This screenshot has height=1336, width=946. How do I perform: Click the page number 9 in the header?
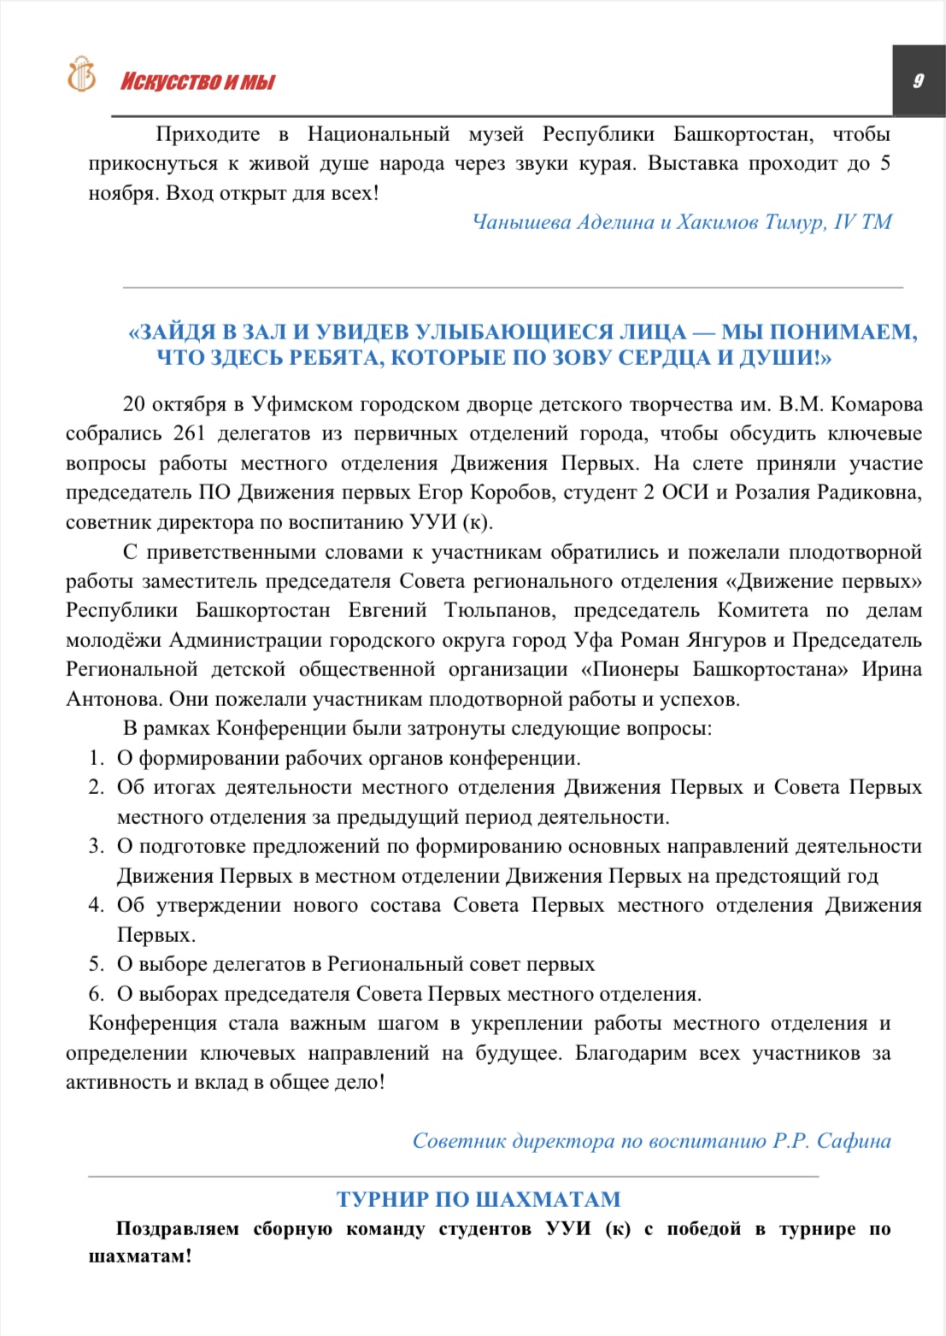[918, 80]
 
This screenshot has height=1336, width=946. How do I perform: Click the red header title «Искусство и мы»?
[197, 82]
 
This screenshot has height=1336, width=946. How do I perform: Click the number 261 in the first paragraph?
[189, 433]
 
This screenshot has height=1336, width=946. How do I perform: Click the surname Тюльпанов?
[499, 610]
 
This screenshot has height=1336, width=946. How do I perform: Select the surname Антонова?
[112, 699]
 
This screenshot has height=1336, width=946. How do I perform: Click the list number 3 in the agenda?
[96, 846]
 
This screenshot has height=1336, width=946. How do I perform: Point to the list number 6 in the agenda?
[96, 994]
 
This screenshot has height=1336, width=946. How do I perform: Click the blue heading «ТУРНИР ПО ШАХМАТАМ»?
[479, 1199]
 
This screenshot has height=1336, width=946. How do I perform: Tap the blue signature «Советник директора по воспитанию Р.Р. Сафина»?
[651, 1141]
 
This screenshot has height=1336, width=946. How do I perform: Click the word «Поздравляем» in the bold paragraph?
[177, 1229]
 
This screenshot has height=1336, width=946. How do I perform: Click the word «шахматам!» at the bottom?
[140, 1257]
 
